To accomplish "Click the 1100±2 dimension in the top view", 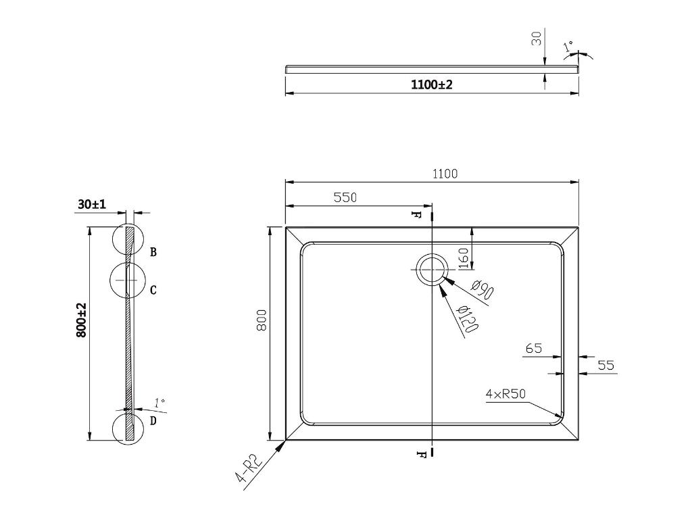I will coord(431,85).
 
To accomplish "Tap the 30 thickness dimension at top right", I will coord(537,39).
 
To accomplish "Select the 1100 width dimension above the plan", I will coord(445,174).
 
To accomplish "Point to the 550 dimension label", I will coord(345,197).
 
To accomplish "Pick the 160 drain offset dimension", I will coord(464,257).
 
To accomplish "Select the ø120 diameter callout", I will coord(467,319).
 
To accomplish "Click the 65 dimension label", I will coord(533,349).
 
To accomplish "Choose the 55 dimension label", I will coord(606,366).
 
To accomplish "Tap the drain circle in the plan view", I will coord(431,270).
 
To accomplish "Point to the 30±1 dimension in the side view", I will coord(92,204).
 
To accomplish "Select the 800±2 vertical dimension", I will coord(82,320).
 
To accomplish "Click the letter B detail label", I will coord(153,252).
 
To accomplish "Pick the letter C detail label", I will coord(153,290).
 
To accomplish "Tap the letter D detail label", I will coord(153,421).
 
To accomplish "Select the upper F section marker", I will coord(419,216).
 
